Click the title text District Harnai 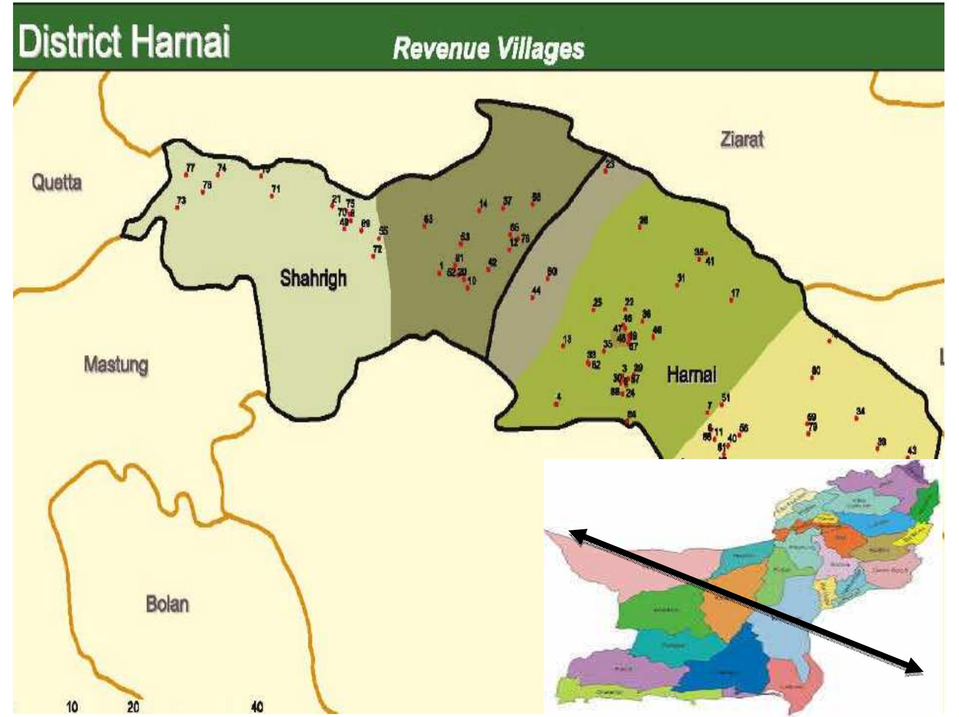click(124, 41)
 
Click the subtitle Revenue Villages click(488, 49)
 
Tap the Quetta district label click(57, 182)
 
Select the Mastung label click(116, 364)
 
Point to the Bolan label click(167, 604)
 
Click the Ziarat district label click(741, 139)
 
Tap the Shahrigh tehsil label click(313, 278)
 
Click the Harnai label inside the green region click(691, 374)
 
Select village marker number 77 click(187, 174)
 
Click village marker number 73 click(178, 207)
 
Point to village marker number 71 click(272, 195)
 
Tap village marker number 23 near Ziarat click(606, 171)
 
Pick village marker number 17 click(732, 300)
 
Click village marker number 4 click(557, 403)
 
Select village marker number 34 click(857, 417)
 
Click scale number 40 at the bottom click(257, 707)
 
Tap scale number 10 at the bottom click(72, 707)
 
